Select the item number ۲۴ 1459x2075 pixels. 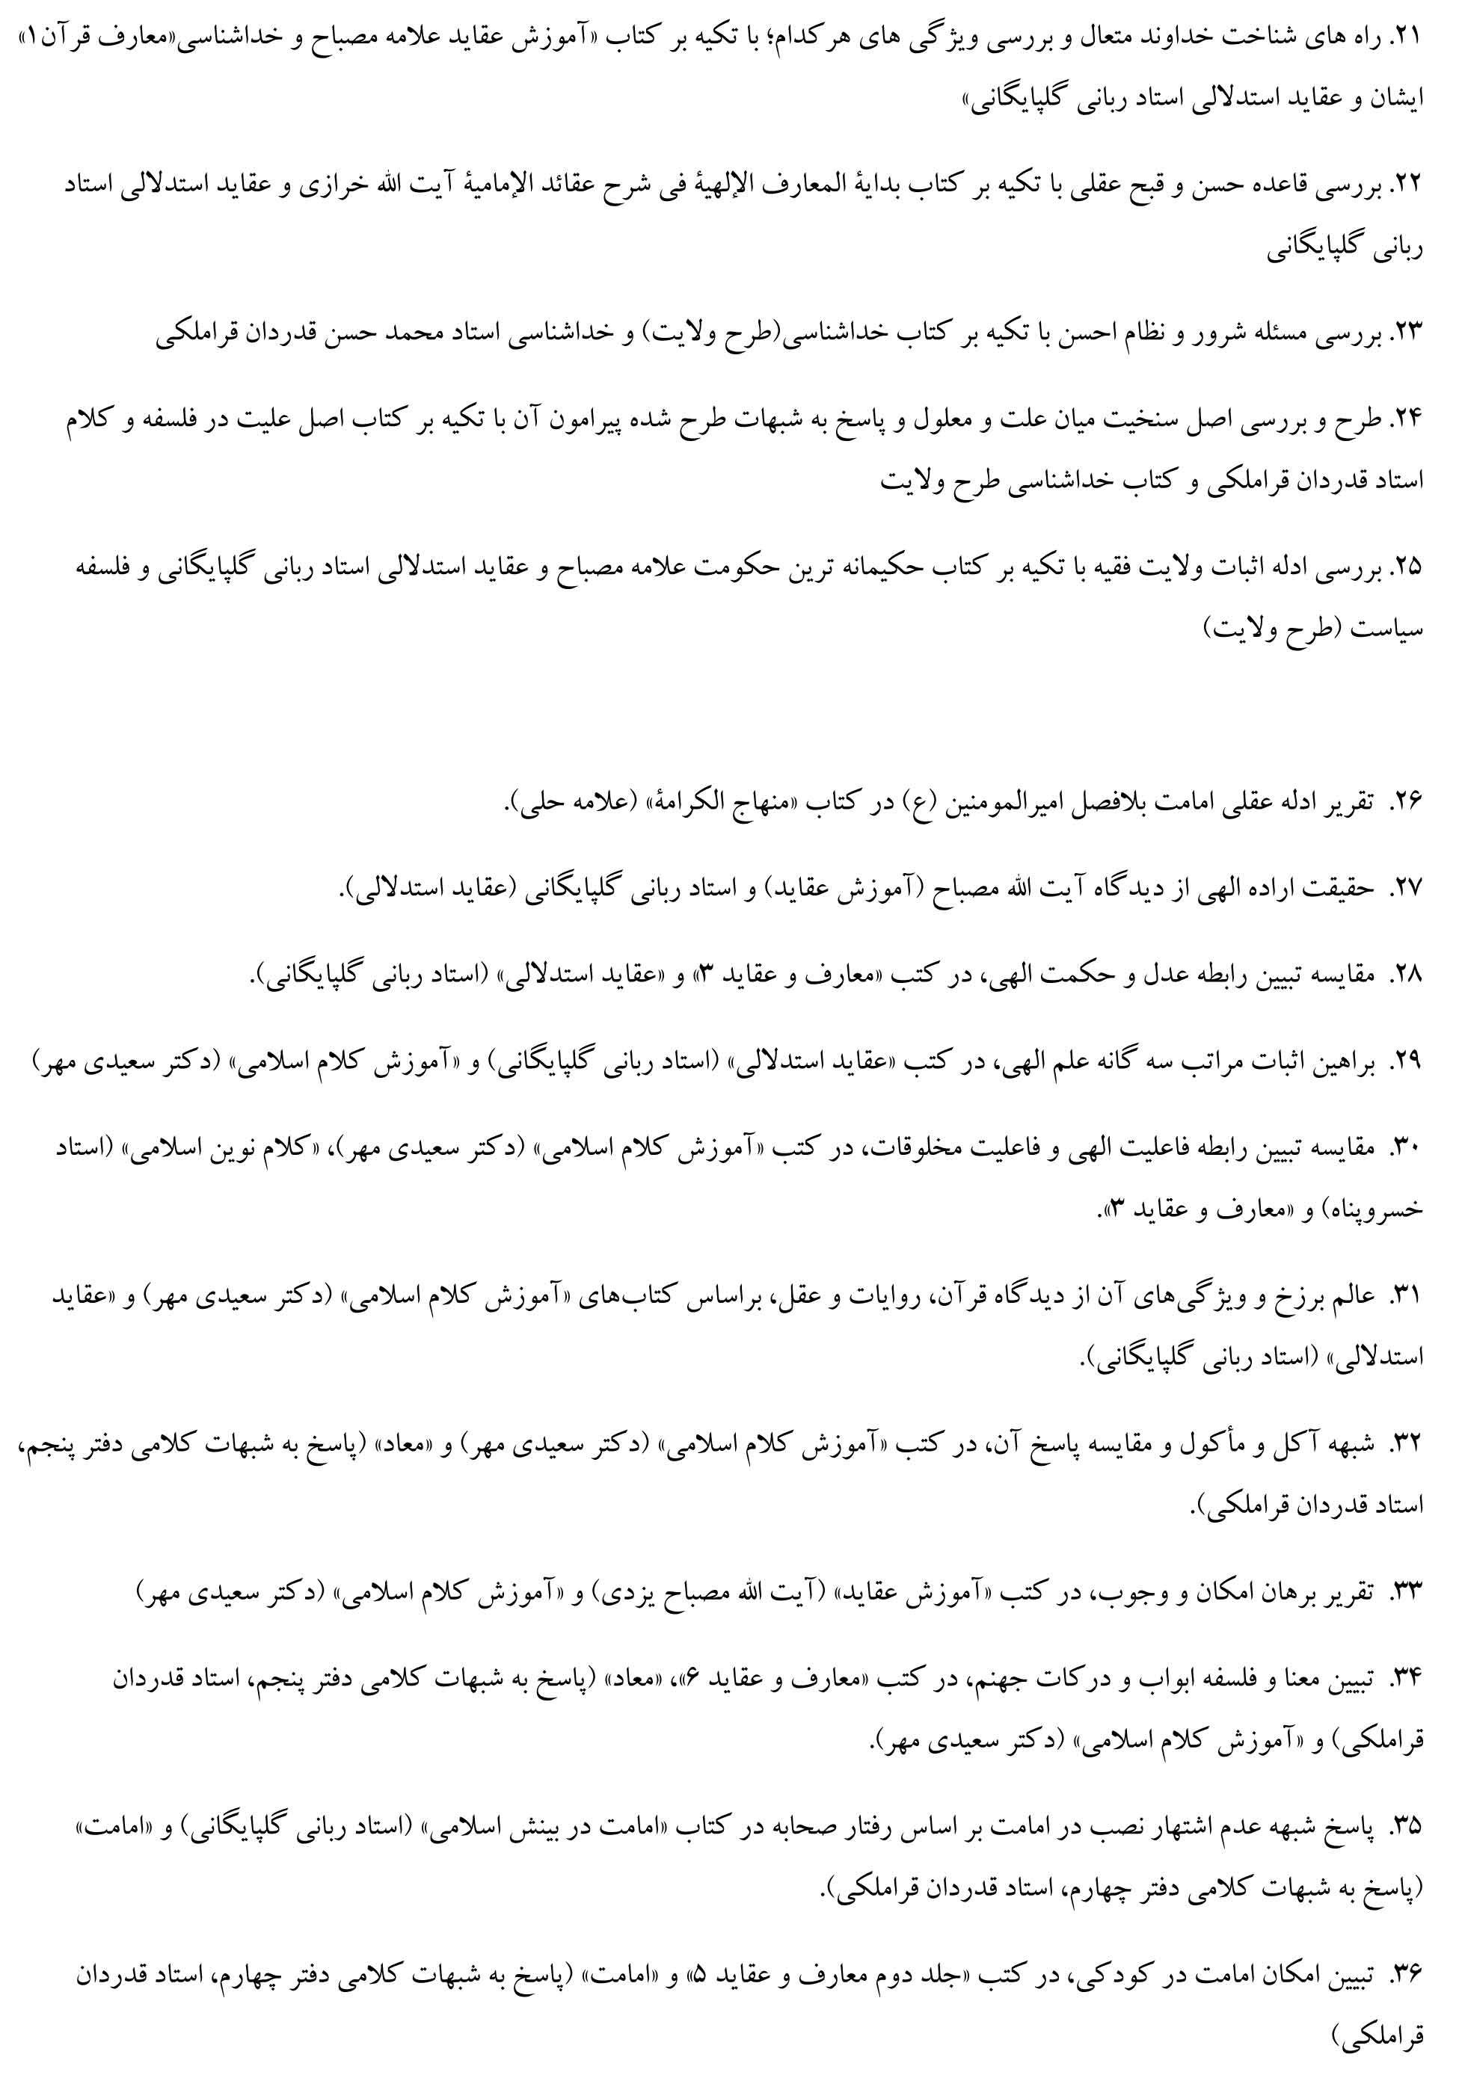(x=1407, y=419)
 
